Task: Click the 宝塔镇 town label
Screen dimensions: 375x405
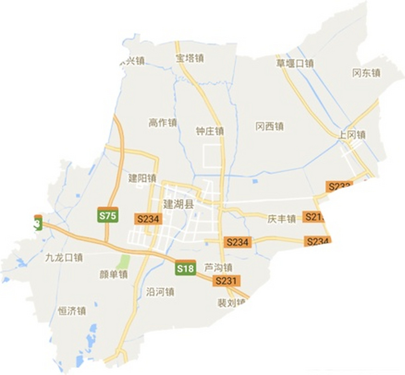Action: pos(190,58)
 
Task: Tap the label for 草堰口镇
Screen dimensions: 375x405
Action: pos(295,63)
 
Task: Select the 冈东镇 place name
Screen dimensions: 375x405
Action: pos(366,73)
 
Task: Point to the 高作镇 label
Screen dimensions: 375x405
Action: pos(163,123)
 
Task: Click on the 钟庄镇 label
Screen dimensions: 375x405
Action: pos(210,131)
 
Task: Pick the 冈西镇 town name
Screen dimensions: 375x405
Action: pos(270,127)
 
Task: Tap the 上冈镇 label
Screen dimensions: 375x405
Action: pos(352,135)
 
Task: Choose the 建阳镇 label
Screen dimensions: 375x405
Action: pos(142,178)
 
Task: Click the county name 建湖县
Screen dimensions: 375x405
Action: pos(179,204)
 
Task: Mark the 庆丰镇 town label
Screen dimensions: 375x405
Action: pos(282,219)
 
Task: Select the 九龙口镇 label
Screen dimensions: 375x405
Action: pos(64,258)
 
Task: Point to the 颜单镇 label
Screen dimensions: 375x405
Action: pos(113,275)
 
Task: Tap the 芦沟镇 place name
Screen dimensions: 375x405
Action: pos(218,267)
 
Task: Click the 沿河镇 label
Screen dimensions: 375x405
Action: pos(160,292)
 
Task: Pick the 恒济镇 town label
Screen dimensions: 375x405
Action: pos(72,311)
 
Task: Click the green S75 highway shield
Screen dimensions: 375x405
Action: pos(108,215)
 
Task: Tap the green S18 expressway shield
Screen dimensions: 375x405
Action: pos(186,268)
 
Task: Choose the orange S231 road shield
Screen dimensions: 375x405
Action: pos(226,281)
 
